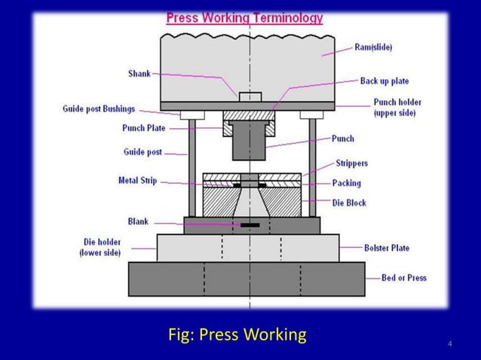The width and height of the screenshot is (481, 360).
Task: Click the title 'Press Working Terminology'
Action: (244, 17)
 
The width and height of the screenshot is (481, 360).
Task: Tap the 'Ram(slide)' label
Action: (373, 47)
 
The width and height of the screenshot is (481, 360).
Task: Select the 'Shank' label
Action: (139, 73)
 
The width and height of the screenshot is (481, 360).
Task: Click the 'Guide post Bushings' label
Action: (99, 109)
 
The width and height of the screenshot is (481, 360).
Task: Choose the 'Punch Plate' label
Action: (143, 128)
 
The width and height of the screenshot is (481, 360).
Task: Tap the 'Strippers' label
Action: (351, 163)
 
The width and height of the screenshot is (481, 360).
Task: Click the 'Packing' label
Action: (347, 183)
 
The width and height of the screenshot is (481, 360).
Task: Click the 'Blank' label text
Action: (138, 222)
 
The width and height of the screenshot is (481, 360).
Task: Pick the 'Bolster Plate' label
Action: (387, 247)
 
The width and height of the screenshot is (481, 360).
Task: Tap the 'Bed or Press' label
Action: (403, 277)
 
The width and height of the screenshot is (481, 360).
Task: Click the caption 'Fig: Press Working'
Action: (237, 334)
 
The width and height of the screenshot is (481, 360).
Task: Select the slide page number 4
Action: (450, 344)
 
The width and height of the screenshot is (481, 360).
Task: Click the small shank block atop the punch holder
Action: (250, 96)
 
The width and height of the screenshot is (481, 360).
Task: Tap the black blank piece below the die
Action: (250, 224)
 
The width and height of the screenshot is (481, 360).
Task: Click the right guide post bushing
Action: (311, 114)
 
